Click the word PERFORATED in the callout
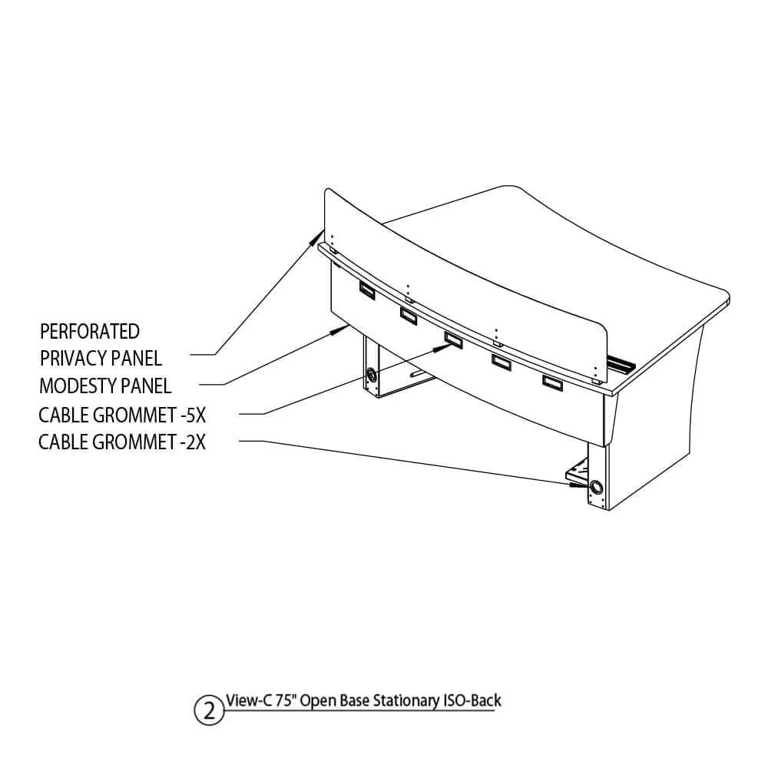pos(90,332)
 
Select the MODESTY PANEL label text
pos(105,386)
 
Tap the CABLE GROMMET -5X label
pos(122,415)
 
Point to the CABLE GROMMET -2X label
pos(122,442)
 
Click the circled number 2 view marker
pos(209,710)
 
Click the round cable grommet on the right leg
pos(596,488)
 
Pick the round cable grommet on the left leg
pos(372,376)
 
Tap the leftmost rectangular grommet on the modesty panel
pos(367,290)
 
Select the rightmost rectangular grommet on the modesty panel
pos(552,382)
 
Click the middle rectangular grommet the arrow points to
pos(454,339)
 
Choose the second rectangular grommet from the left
pos(409,316)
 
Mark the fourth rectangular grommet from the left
pos(501,362)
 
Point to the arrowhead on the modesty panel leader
pos(339,330)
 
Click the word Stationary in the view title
pos(406,701)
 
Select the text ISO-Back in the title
pos(472,700)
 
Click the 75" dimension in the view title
pos(285,700)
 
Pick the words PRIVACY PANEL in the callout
pos(101,359)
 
